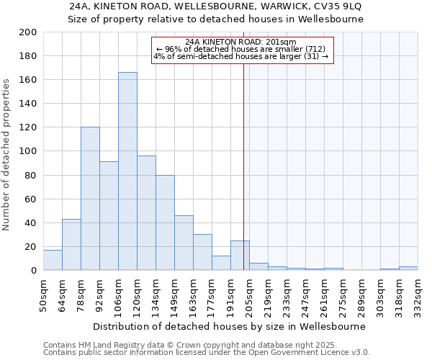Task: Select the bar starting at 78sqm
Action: pyautogui.click(x=90, y=199)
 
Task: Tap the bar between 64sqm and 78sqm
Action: pyautogui.click(x=71, y=245)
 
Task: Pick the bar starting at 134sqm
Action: pyautogui.click(x=165, y=222)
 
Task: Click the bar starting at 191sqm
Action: pyautogui.click(x=240, y=256)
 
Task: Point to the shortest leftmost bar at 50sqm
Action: pyautogui.click(x=53, y=260)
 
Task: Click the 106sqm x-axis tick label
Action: pyautogui.click(x=119, y=296)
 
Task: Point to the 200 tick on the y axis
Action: pyautogui.click(x=29, y=32)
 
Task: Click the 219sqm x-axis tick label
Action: pyautogui.click(x=269, y=296)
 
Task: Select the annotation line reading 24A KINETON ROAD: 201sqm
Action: pyautogui.click(x=240, y=42)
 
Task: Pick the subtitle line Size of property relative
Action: pyautogui.click(x=215, y=19)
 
